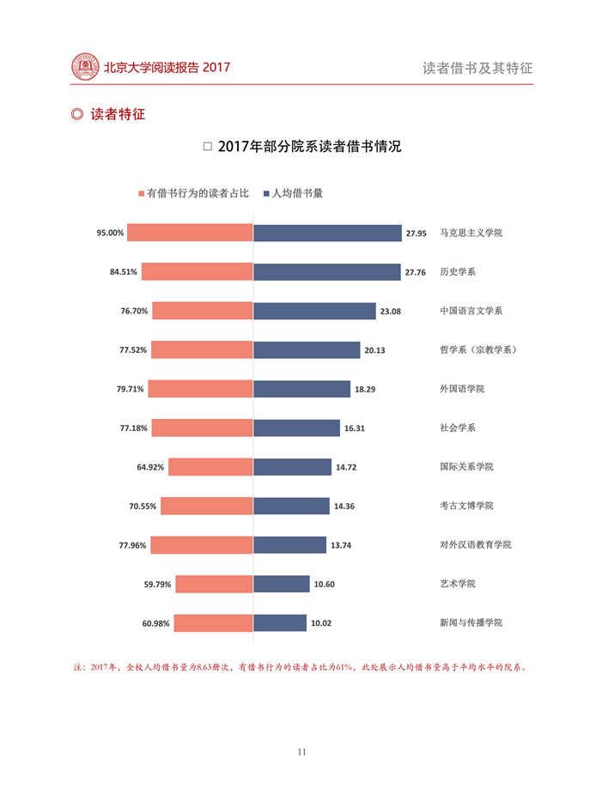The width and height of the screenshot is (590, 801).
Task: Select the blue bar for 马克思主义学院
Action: tap(327, 233)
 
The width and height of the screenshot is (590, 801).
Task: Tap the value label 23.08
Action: tap(390, 312)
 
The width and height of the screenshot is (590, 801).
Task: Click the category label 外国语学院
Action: tap(462, 389)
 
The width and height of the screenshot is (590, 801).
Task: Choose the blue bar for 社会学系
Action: tap(296, 428)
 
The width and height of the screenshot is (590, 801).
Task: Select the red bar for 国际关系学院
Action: tap(210, 467)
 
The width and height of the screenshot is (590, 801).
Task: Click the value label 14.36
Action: tap(344, 507)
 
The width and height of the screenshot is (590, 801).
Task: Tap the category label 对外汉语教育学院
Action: tap(475, 544)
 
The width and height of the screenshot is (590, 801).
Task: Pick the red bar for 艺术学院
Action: tap(214, 584)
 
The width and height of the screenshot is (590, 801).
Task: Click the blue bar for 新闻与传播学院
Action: tap(280, 622)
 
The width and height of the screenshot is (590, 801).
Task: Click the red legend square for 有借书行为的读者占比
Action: tap(142, 194)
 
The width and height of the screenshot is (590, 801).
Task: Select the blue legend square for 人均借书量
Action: tap(267, 194)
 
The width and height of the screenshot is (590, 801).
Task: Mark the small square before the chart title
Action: tap(207, 147)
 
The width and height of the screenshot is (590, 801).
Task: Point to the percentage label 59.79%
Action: tap(157, 585)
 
